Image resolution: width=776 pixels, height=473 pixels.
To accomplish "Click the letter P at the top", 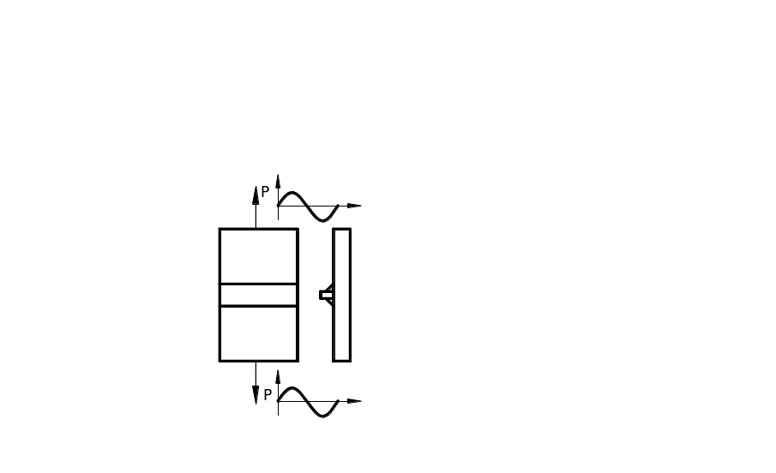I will tap(266, 192).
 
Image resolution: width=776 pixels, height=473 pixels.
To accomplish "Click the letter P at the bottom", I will tap(268, 395).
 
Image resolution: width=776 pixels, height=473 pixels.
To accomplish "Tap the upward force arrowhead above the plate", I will tap(256, 195).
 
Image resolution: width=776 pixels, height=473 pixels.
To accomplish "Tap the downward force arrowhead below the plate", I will tap(256, 393).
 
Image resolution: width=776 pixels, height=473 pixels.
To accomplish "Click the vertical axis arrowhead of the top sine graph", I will tap(279, 181).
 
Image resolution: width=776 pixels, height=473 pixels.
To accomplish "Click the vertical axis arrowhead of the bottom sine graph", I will tap(279, 377).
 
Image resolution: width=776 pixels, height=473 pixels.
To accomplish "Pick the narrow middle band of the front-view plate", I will tap(258, 295).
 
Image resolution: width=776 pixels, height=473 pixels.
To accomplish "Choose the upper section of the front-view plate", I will tap(258, 256).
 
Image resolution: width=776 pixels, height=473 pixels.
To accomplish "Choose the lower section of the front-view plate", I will tap(258, 333).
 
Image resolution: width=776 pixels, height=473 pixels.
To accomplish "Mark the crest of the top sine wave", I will tap(292, 193).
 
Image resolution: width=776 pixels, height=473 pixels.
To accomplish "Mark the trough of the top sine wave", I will tap(322, 219).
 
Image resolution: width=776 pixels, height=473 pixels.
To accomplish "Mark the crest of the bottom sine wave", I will tap(292, 388).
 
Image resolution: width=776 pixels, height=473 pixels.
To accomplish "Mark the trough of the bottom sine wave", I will tap(322, 416).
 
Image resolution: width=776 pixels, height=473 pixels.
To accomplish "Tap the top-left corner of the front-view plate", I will tap(220, 230).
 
